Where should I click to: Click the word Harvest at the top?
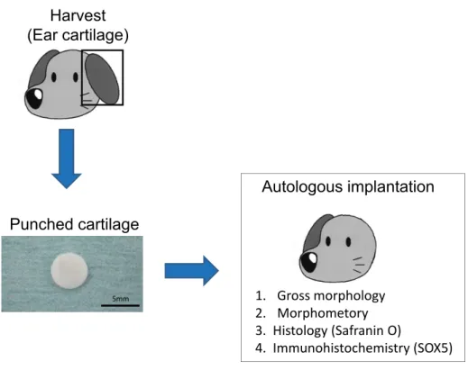click(x=78, y=15)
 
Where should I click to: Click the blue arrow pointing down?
click(x=67, y=158)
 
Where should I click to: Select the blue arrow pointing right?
click(x=191, y=271)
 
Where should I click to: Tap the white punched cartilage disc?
click(x=69, y=271)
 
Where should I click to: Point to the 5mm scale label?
click(x=121, y=299)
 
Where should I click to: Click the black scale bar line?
click(x=120, y=305)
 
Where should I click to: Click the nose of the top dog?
click(x=34, y=97)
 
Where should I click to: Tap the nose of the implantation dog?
click(x=309, y=261)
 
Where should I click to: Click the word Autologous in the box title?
click(x=302, y=186)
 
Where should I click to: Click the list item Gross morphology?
click(x=331, y=295)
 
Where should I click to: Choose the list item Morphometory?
click(x=323, y=313)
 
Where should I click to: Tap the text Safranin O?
click(x=366, y=330)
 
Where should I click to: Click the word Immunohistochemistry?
click(x=341, y=348)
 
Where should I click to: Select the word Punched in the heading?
click(x=41, y=224)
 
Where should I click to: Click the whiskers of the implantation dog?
click(x=358, y=265)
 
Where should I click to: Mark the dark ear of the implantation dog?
click(x=316, y=230)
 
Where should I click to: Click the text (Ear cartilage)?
click(x=78, y=35)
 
